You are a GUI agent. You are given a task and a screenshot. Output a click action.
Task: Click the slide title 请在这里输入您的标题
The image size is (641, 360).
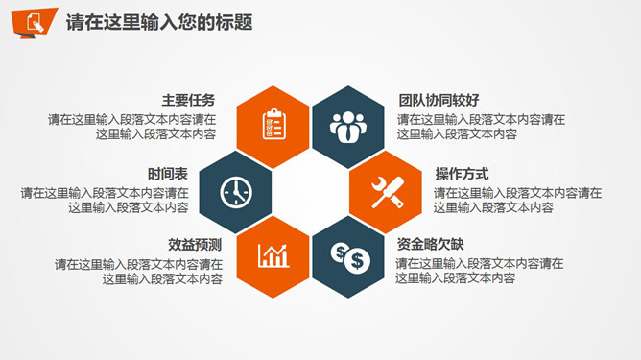pos(159,23)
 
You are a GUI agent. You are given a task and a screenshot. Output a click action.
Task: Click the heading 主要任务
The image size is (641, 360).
pos(188,100)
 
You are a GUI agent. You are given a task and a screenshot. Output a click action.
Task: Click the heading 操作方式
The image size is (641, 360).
pos(462,174)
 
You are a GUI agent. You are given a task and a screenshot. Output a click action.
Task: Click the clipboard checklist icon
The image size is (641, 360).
pos(273,125)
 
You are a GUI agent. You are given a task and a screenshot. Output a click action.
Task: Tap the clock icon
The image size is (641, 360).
pos(233,190)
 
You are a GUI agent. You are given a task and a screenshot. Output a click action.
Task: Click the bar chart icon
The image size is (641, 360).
pos(273,254)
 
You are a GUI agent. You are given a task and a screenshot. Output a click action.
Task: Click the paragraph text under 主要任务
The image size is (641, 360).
pos(132,128)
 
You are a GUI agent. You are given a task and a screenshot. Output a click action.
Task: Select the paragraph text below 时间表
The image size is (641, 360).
pos(105,200)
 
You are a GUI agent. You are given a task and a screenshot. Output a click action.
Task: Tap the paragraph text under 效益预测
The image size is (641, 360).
pos(139,272)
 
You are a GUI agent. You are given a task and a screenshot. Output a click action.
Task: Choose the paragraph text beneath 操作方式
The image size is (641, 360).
pos(517,200)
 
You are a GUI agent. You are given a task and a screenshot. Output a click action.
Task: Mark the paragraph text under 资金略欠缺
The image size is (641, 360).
pos(480,271)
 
